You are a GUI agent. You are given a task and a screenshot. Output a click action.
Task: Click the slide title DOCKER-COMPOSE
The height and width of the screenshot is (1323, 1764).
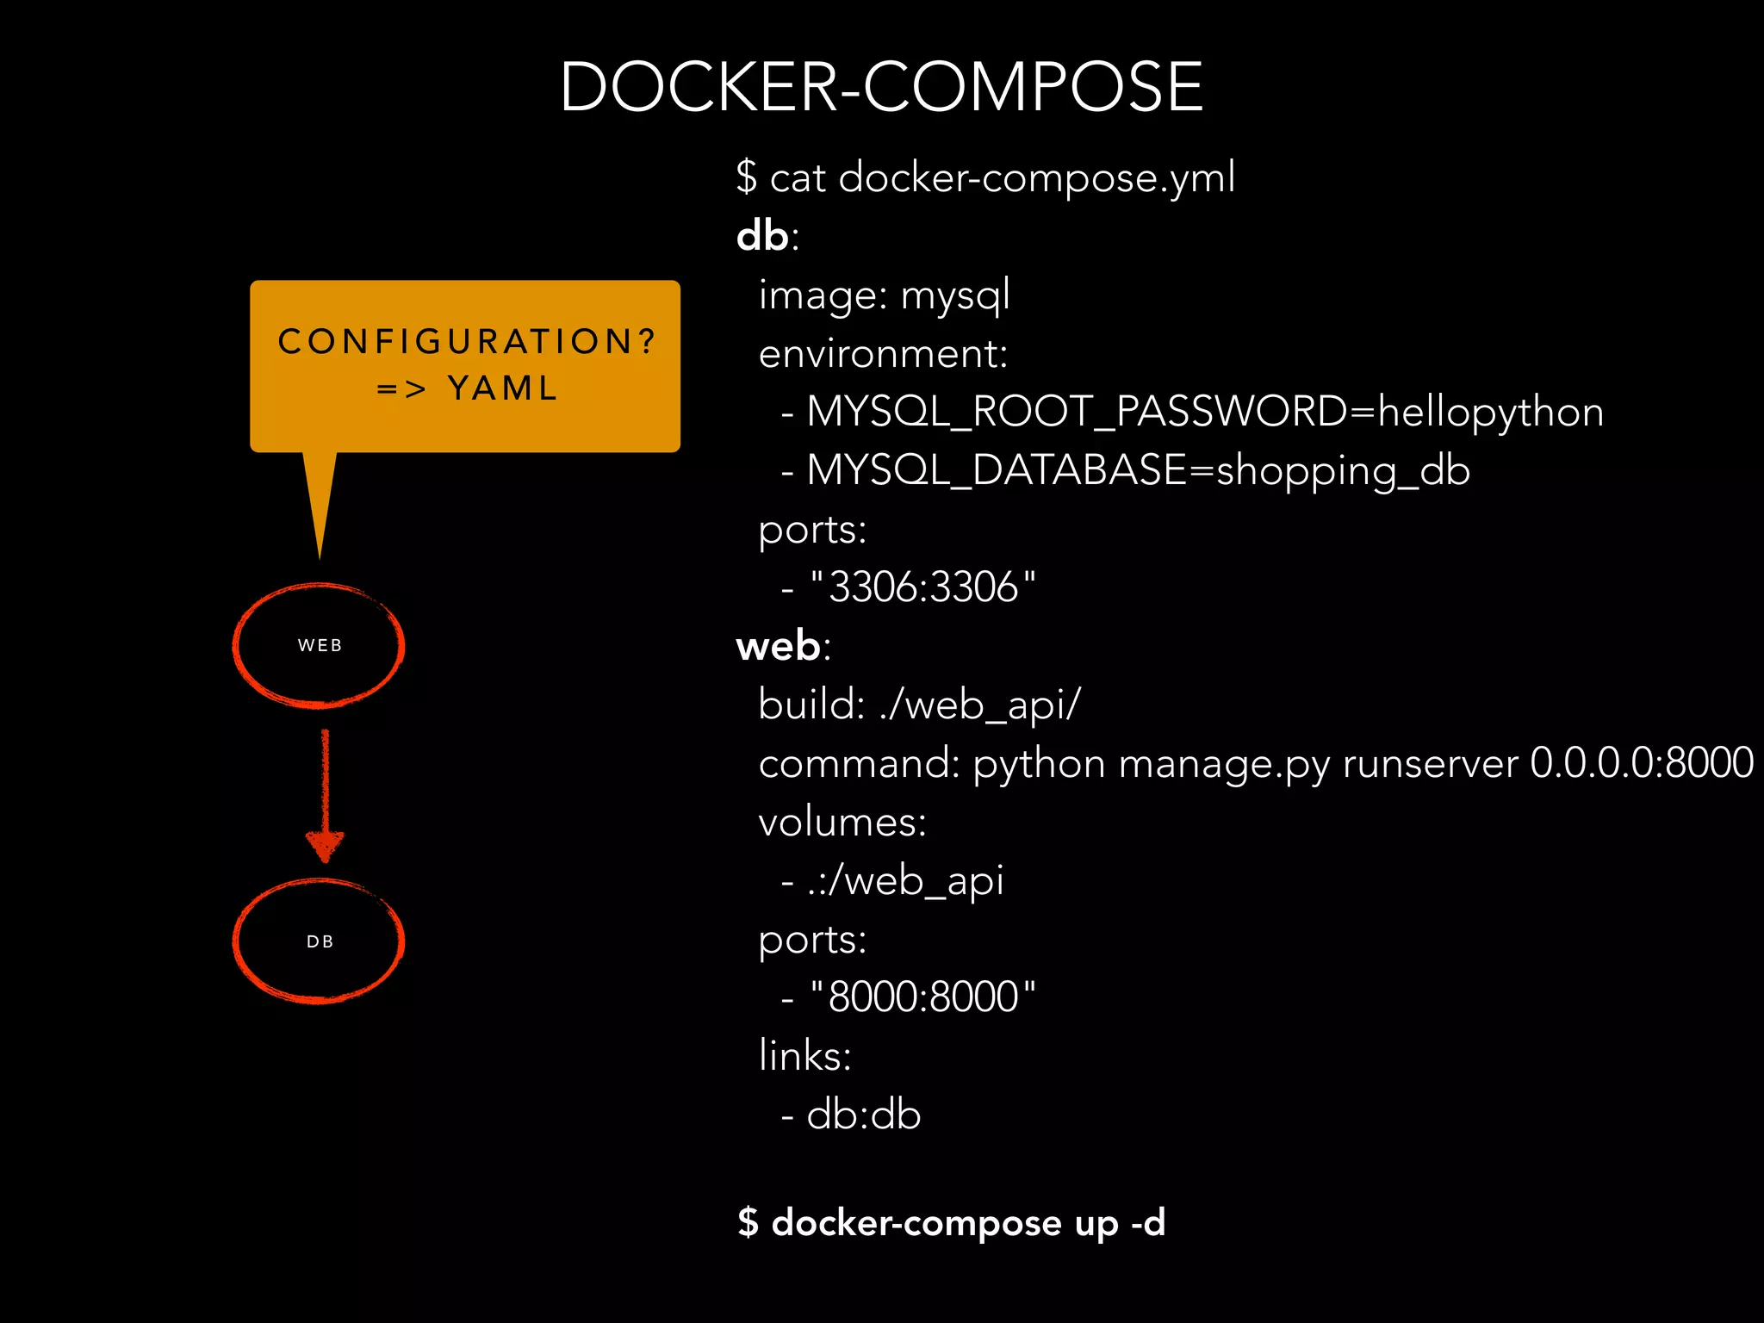[x=881, y=87]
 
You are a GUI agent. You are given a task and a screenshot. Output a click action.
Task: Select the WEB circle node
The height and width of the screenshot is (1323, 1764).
[x=319, y=645]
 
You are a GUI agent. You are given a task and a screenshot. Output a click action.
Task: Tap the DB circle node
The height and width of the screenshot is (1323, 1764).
[x=319, y=941]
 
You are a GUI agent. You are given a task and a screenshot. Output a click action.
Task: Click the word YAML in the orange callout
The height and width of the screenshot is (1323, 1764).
[x=503, y=388]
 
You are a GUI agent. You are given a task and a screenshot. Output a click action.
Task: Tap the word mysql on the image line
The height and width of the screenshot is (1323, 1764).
[x=954, y=295]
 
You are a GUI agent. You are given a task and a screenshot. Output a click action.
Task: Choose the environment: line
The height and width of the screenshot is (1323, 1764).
[x=883, y=354]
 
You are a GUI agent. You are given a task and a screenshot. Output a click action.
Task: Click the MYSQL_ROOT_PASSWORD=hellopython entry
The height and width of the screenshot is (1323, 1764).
[x=1204, y=412]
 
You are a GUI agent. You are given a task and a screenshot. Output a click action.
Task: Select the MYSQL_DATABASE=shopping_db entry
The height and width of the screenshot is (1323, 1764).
[x=1137, y=470]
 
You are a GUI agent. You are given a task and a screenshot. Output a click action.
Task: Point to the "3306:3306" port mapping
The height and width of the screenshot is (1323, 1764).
[x=922, y=587]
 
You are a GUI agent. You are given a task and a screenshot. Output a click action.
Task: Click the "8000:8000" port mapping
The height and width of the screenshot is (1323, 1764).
[x=922, y=997]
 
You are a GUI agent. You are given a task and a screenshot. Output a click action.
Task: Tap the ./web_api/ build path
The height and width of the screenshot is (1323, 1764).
[x=979, y=705]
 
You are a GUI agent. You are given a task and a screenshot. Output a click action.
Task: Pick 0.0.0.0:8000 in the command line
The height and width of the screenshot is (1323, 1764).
[x=1641, y=763]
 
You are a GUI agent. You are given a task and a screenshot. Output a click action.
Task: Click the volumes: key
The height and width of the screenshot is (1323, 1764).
[x=842, y=823]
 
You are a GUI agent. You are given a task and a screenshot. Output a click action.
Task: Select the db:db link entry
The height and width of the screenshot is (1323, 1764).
[x=863, y=1115]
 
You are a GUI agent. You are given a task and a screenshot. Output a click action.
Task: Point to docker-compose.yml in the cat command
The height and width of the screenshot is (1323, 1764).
[x=1036, y=178]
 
